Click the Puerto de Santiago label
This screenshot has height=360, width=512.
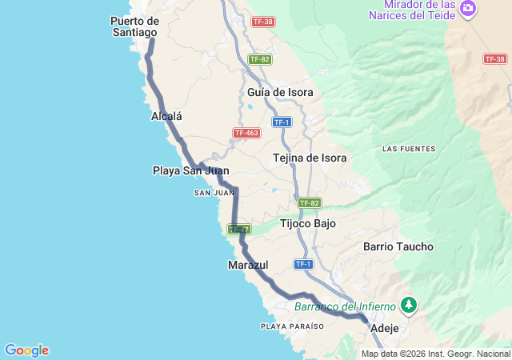pyautogui.click(x=135, y=26)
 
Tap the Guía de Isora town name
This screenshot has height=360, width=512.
pyautogui.click(x=280, y=92)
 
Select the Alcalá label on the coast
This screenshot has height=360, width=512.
pyautogui.click(x=166, y=116)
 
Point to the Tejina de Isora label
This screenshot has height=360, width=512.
pyautogui.click(x=310, y=158)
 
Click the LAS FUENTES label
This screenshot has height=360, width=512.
pyautogui.click(x=409, y=149)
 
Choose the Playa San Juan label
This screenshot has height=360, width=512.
pyautogui.click(x=190, y=170)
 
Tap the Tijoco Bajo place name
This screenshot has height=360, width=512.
pyautogui.click(x=308, y=224)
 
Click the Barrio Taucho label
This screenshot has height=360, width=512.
pyautogui.click(x=398, y=247)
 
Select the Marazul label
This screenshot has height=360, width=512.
pyautogui.click(x=248, y=264)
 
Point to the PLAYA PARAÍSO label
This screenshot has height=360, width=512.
pyautogui.click(x=292, y=326)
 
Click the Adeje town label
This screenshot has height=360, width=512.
pyautogui.click(x=383, y=328)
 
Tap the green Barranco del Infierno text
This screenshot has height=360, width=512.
pyautogui.click(x=345, y=306)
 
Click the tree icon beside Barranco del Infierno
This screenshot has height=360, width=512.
pyautogui.click(x=409, y=305)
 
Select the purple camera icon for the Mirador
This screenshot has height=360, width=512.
pyautogui.click(x=468, y=10)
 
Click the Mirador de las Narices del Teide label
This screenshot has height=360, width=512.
pyautogui.click(x=414, y=9)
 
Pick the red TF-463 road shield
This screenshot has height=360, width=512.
pyautogui.click(x=246, y=133)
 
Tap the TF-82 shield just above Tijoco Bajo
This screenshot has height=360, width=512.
pyautogui.click(x=310, y=203)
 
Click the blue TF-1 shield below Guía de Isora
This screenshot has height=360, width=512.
pyautogui.click(x=281, y=122)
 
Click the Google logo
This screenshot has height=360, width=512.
pyautogui.click(x=26, y=350)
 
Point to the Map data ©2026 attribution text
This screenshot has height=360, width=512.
pyautogui.click(x=435, y=354)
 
